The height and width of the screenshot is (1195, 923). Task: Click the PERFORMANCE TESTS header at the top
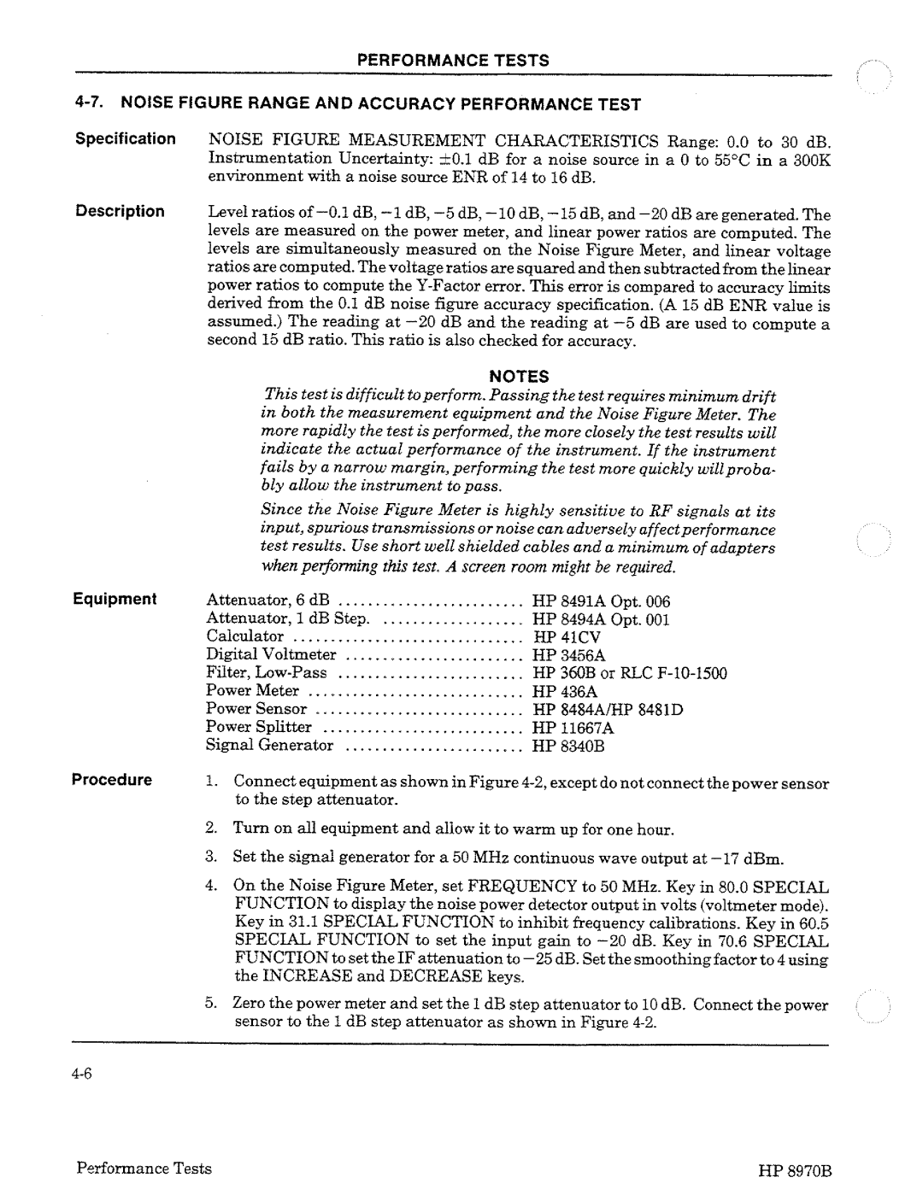[452, 61]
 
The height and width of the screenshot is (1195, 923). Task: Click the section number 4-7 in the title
[89, 104]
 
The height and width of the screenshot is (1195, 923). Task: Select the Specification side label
[125, 138]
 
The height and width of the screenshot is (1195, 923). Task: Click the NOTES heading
[518, 376]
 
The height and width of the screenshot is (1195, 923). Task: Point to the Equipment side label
[115, 599]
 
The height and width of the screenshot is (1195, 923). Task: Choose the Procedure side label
[112, 780]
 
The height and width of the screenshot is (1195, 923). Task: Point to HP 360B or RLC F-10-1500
[630, 673]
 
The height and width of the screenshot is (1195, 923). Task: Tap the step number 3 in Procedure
[210, 858]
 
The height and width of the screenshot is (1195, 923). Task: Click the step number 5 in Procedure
[210, 1005]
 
